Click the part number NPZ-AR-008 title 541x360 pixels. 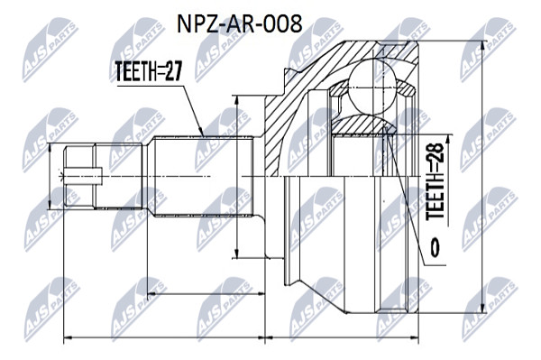pyautogui.click(x=240, y=24)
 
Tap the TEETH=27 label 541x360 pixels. pyautogui.click(x=148, y=71)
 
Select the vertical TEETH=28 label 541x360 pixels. pyautogui.click(x=435, y=181)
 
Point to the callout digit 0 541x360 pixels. pyautogui.click(x=435, y=247)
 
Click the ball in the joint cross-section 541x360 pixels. pyautogui.click(x=371, y=87)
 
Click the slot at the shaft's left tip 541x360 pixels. pyautogui.click(x=83, y=176)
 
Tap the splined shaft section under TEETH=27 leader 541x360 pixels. pyautogui.click(x=203, y=176)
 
